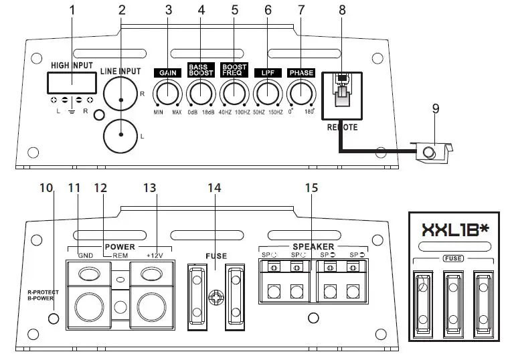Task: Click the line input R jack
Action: coord(120,99)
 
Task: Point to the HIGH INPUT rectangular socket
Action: coord(69,83)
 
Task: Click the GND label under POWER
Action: coord(85,255)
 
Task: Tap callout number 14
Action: coord(214,189)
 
